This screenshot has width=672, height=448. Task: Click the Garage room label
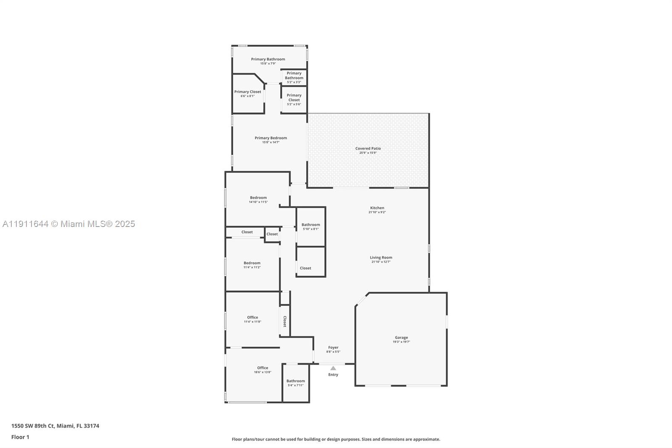(x=401, y=337)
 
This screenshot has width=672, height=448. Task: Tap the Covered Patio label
(x=368, y=148)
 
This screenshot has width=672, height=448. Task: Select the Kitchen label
(x=377, y=208)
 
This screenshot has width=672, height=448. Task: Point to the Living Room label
(x=381, y=258)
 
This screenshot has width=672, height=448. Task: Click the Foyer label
(x=333, y=348)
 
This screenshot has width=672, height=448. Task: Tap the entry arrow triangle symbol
(x=333, y=368)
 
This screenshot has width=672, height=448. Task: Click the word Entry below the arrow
(x=333, y=374)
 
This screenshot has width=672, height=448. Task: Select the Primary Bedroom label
(x=270, y=138)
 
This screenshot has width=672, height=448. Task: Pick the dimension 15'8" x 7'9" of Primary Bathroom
(x=268, y=63)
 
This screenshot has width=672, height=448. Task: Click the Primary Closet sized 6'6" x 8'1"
(x=247, y=92)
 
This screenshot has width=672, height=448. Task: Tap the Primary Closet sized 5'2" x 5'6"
(x=294, y=98)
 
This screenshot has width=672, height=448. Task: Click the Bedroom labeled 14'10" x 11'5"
(x=258, y=198)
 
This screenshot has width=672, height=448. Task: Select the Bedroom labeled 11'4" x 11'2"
(x=252, y=263)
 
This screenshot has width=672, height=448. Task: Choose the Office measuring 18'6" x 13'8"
(x=262, y=368)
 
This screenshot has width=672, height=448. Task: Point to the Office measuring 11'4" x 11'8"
(x=252, y=317)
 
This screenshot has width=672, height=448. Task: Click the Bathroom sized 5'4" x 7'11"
(x=296, y=381)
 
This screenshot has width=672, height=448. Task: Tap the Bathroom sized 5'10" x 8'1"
(x=311, y=225)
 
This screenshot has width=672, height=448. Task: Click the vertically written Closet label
(x=284, y=322)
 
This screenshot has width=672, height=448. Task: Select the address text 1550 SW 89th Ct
(x=33, y=426)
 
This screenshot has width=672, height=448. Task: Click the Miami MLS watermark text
(x=68, y=224)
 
